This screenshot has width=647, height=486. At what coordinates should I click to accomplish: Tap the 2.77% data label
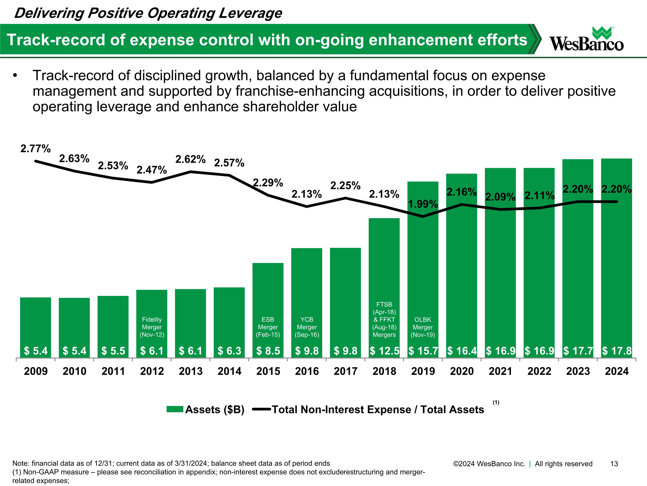pyautogui.click(x=35, y=149)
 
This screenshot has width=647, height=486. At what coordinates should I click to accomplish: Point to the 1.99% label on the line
pyautogui.click(x=423, y=204)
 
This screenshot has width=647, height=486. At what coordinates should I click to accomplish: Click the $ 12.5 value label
pyautogui.click(x=384, y=351)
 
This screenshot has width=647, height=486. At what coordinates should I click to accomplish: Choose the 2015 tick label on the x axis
pyautogui.click(x=268, y=371)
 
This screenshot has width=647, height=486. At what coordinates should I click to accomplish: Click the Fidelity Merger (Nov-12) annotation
pyautogui.click(x=152, y=327)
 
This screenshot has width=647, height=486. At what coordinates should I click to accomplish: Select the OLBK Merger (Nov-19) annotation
pyautogui.click(x=423, y=327)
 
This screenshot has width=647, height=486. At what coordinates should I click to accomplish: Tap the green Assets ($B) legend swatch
pyautogui.click(x=175, y=409)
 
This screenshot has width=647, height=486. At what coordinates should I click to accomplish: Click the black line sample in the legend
pyautogui.click(x=261, y=409)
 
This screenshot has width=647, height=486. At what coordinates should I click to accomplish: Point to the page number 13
pyautogui.click(x=614, y=464)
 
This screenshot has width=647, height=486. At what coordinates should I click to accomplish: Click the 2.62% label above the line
pyautogui.click(x=190, y=159)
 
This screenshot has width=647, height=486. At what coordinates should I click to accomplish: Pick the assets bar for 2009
pyautogui.click(x=35, y=322)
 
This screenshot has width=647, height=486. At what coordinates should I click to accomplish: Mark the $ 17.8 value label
pyautogui.click(x=617, y=351)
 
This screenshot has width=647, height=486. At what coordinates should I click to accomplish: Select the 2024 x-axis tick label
pyautogui.click(x=617, y=371)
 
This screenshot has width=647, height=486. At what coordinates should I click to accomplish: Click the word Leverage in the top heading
pyautogui.click(x=250, y=13)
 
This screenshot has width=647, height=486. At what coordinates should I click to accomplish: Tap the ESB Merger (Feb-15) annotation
pyautogui.click(x=268, y=327)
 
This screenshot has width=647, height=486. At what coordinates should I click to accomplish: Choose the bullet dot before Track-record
pyautogui.click(x=15, y=76)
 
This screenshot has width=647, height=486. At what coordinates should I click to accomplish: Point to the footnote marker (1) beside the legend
pyautogui.click(x=496, y=402)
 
